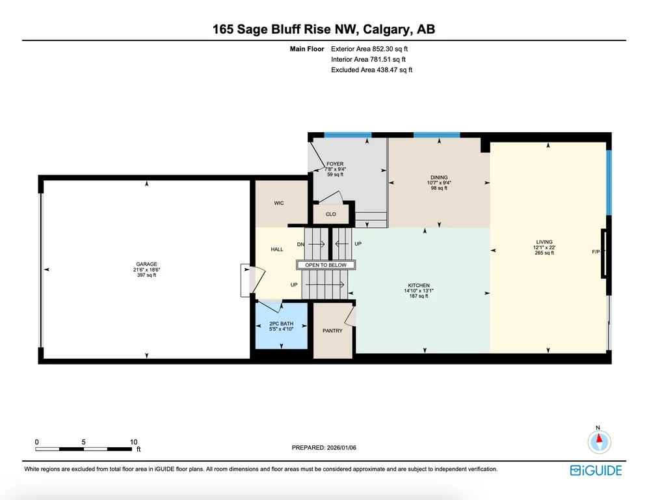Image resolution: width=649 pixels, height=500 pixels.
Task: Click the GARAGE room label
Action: click(146, 264)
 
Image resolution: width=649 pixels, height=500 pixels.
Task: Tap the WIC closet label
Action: click(279, 203)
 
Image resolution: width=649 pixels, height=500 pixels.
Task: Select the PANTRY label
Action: click(333, 331)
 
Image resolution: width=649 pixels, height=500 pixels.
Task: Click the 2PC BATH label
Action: click(282, 324)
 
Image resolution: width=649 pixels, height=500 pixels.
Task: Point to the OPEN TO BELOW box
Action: click(326, 265)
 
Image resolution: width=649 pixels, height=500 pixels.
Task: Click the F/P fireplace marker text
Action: click(596, 251)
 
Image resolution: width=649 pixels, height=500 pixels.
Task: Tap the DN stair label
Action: click(301, 244)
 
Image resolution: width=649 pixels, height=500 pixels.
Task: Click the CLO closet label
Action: click(331, 214)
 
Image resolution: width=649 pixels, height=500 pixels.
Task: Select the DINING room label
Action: click(439, 177)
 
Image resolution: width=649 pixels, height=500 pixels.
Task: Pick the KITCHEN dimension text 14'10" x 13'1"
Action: click(419, 291)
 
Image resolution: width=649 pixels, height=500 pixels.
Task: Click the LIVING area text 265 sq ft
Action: click(544, 253)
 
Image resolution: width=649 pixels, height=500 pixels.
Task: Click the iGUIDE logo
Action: click(596, 471)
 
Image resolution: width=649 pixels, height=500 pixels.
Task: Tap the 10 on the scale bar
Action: click(134, 442)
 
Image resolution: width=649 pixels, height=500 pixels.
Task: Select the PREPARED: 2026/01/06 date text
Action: click(324, 448)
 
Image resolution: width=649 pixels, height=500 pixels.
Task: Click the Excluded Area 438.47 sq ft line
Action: click(372, 70)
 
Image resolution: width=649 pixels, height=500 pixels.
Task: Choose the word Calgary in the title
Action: click(388, 29)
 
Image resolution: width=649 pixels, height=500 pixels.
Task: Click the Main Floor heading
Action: click(307, 49)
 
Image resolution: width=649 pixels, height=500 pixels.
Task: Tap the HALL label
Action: click(277, 249)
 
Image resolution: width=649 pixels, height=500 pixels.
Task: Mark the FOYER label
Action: click(336, 164)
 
